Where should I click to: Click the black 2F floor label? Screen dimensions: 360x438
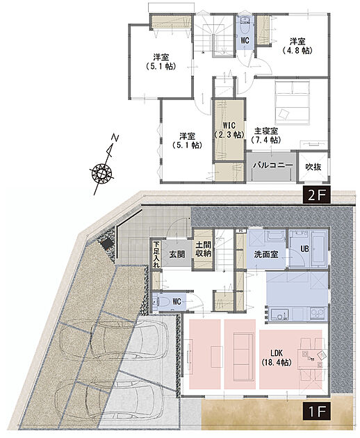click(x=316, y=195)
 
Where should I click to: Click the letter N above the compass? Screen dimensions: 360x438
click(x=115, y=138)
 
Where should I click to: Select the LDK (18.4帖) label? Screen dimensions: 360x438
click(x=277, y=358)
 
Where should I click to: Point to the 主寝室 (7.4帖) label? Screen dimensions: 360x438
click(x=266, y=135)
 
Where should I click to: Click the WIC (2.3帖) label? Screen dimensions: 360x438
click(x=229, y=130)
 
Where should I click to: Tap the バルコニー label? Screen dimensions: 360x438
click(x=273, y=165)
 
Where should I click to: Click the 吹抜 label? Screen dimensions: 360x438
click(x=313, y=167)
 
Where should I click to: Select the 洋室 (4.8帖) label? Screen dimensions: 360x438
click(x=297, y=46)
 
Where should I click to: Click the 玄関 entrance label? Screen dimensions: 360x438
click(x=177, y=254)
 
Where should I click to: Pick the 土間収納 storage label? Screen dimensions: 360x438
click(x=203, y=249)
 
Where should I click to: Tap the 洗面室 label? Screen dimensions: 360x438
click(x=266, y=254)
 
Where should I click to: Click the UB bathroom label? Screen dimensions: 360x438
click(x=304, y=248)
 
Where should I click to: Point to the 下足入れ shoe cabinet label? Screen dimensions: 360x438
click(x=156, y=254)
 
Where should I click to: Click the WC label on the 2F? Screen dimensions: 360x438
click(x=245, y=40)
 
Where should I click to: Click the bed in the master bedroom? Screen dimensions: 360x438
click(x=292, y=103)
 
